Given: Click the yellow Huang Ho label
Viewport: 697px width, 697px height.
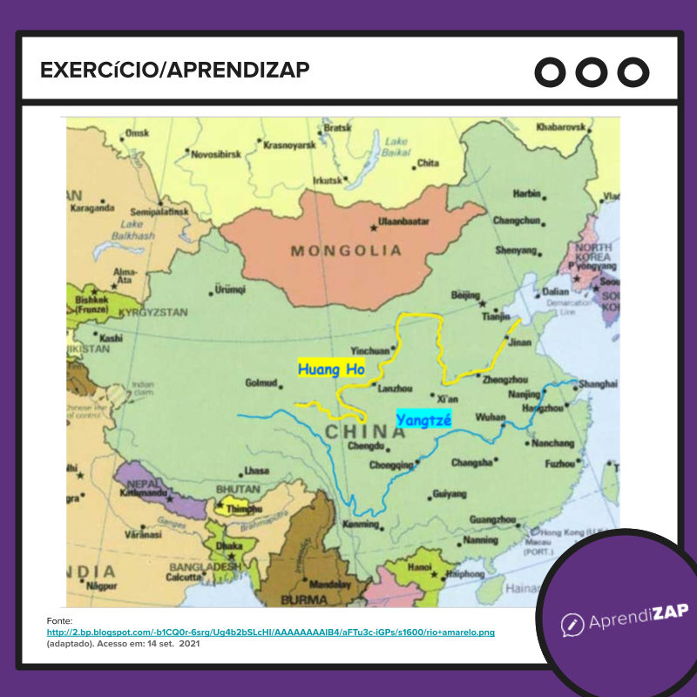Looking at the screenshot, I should [x=331, y=369].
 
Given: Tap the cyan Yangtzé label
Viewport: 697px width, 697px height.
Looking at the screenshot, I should [x=423, y=420].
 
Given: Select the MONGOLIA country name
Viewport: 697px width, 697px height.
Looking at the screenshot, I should [x=346, y=251].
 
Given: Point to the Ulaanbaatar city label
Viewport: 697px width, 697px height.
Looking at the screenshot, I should [x=405, y=222].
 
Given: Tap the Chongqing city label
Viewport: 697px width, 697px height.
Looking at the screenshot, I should [x=391, y=465].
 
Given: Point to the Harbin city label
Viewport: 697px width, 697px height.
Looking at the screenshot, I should [x=526, y=193].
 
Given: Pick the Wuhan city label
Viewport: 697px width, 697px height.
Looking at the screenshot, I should [x=490, y=418].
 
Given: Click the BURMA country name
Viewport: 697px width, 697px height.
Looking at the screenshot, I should [x=304, y=600].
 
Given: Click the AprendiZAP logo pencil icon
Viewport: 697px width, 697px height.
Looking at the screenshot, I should [x=572, y=624].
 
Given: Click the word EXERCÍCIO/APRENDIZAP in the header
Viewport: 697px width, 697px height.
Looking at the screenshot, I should [x=175, y=70].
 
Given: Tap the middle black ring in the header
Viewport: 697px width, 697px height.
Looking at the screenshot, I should [x=592, y=71].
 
